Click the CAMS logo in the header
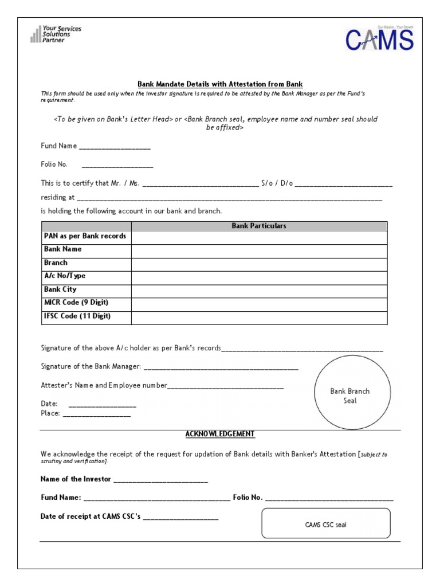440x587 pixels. point(379,40)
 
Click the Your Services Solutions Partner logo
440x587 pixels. point(56,34)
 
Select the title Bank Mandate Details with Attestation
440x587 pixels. point(220,84)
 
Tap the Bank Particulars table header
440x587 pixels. point(259,226)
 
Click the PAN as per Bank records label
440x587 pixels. point(85,236)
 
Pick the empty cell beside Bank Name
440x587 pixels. point(259,250)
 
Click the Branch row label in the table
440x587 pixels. point(56,263)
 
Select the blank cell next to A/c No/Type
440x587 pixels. point(259,276)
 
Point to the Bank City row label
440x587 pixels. point(60,289)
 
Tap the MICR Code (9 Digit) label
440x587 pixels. point(76,303)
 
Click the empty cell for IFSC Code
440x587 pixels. point(259,317)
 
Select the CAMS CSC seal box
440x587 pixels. point(325,524)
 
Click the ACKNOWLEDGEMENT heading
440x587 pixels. point(220,435)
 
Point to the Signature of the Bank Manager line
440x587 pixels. point(220,367)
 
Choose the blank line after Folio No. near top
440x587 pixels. point(117,166)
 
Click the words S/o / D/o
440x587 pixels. point(277,183)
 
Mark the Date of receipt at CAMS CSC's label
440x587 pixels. point(90,516)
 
